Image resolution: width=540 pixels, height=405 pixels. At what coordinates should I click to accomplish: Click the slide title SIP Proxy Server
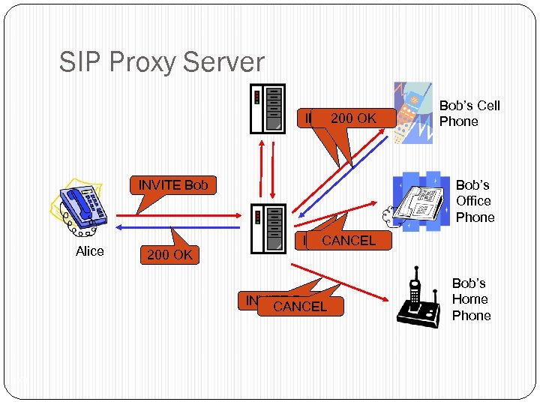[161, 62]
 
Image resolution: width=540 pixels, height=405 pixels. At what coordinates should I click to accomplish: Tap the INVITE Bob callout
[172, 184]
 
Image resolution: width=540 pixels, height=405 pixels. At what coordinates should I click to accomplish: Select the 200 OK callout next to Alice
[169, 255]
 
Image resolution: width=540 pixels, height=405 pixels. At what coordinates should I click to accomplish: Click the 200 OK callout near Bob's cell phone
[353, 118]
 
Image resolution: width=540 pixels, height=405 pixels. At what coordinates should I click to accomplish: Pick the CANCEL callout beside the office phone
[348, 241]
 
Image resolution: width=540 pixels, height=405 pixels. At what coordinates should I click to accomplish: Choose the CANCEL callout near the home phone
[300, 306]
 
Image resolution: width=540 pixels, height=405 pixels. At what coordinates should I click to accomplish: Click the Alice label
[90, 251]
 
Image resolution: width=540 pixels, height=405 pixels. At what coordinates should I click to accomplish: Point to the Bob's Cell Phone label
[469, 113]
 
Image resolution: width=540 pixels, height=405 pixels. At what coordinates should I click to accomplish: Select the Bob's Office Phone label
[475, 201]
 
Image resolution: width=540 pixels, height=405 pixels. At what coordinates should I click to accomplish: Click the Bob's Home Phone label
[471, 299]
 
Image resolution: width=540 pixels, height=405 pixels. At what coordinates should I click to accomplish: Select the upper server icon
[268, 106]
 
